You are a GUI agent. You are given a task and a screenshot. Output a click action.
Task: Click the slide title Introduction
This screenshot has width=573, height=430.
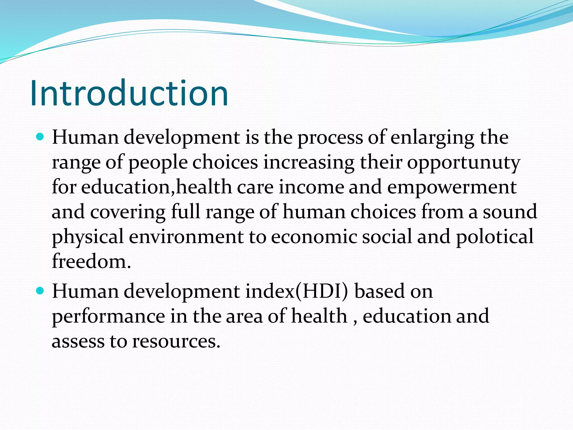tap(129, 93)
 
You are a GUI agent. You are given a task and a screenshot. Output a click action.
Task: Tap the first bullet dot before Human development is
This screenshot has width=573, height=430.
tap(41, 137)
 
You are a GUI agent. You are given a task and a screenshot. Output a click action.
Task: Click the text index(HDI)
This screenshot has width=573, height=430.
tap(297, 291)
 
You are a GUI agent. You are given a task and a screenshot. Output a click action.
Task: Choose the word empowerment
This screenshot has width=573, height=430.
tap(452, 187)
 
